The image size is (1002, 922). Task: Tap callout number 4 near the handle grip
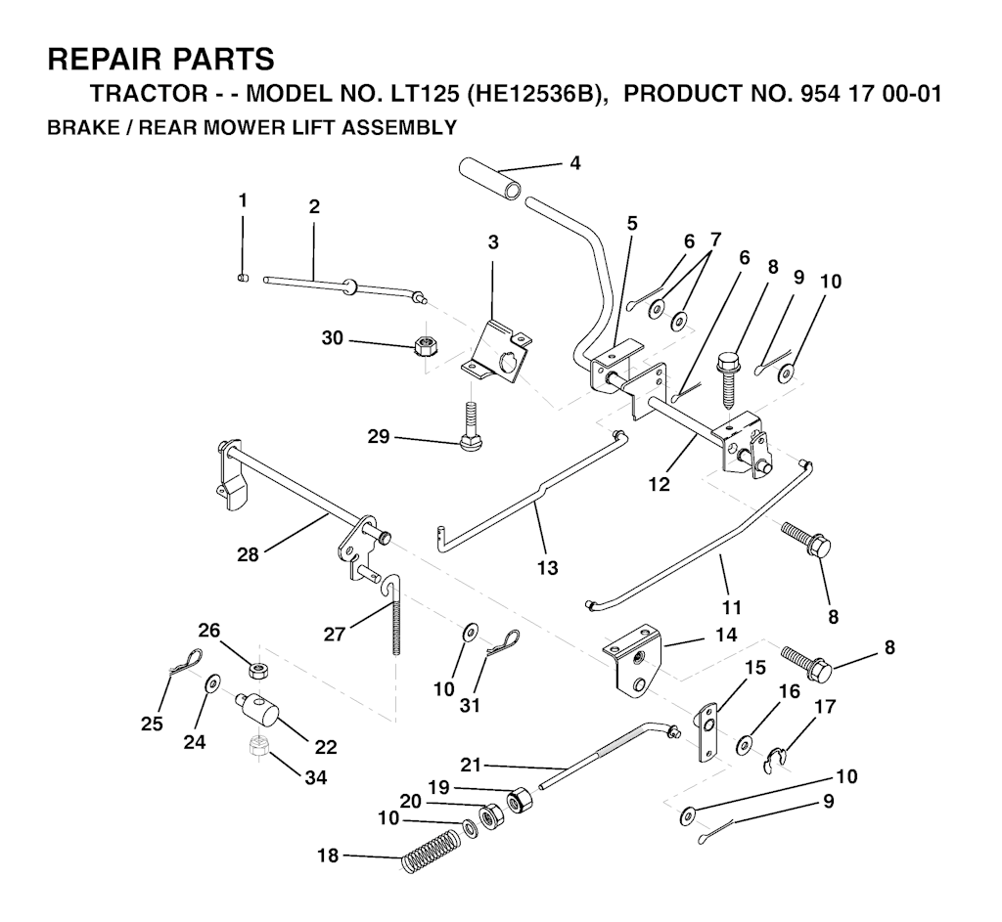click(x=574, y=163)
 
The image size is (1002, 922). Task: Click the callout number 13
click(x=548, y=567)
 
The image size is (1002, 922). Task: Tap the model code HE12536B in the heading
click(x=534, y=97)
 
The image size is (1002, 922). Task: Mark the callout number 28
click(x=249, y=555)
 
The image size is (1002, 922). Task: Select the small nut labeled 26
click(x=259, y=671)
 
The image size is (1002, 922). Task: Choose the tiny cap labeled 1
click(x=244, y=278)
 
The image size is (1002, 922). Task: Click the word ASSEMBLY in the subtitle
click(x=402, y=127)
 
